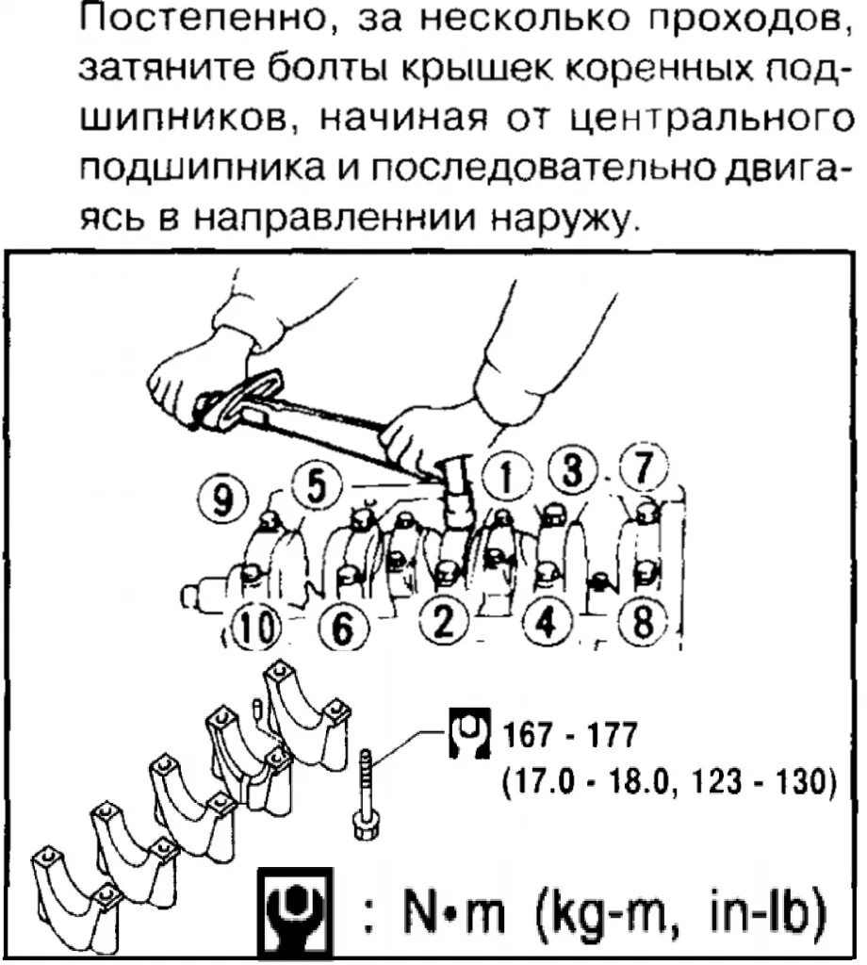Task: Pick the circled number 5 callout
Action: pyautogui.click(x=314, y=486)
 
